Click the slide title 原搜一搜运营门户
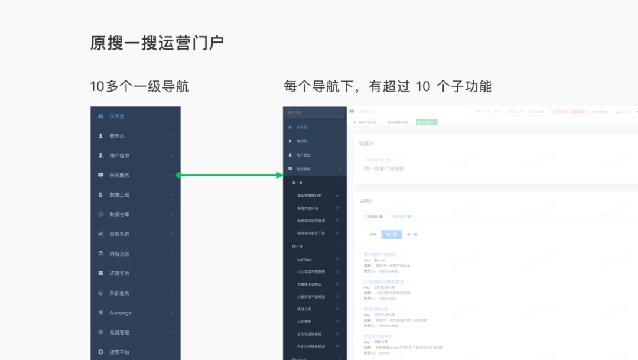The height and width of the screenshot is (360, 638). click(x=157, y=43)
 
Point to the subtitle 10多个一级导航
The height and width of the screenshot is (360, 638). click(x=139, y=86)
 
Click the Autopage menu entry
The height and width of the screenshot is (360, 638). click(x=120, y=313)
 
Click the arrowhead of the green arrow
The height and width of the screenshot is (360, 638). click(x=281, y=175)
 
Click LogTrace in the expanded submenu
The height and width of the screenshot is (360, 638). click(x=304, y=260)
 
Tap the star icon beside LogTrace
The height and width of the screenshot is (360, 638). click(x=337, y=260)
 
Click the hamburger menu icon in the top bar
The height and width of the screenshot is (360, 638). click(x=351, y=112)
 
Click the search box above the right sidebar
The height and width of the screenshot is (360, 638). click(x=314, y=112)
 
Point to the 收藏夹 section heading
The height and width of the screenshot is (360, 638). click(x=366, y=144)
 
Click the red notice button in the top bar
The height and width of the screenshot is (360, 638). click(x=568, y=112)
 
